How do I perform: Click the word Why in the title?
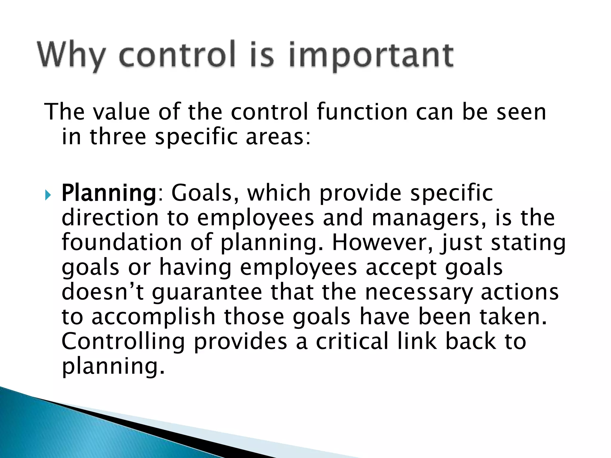click(x=72, y=55)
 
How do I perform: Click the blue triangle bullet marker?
click(x=48, y=196)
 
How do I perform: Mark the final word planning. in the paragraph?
click(x=113, y=367)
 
